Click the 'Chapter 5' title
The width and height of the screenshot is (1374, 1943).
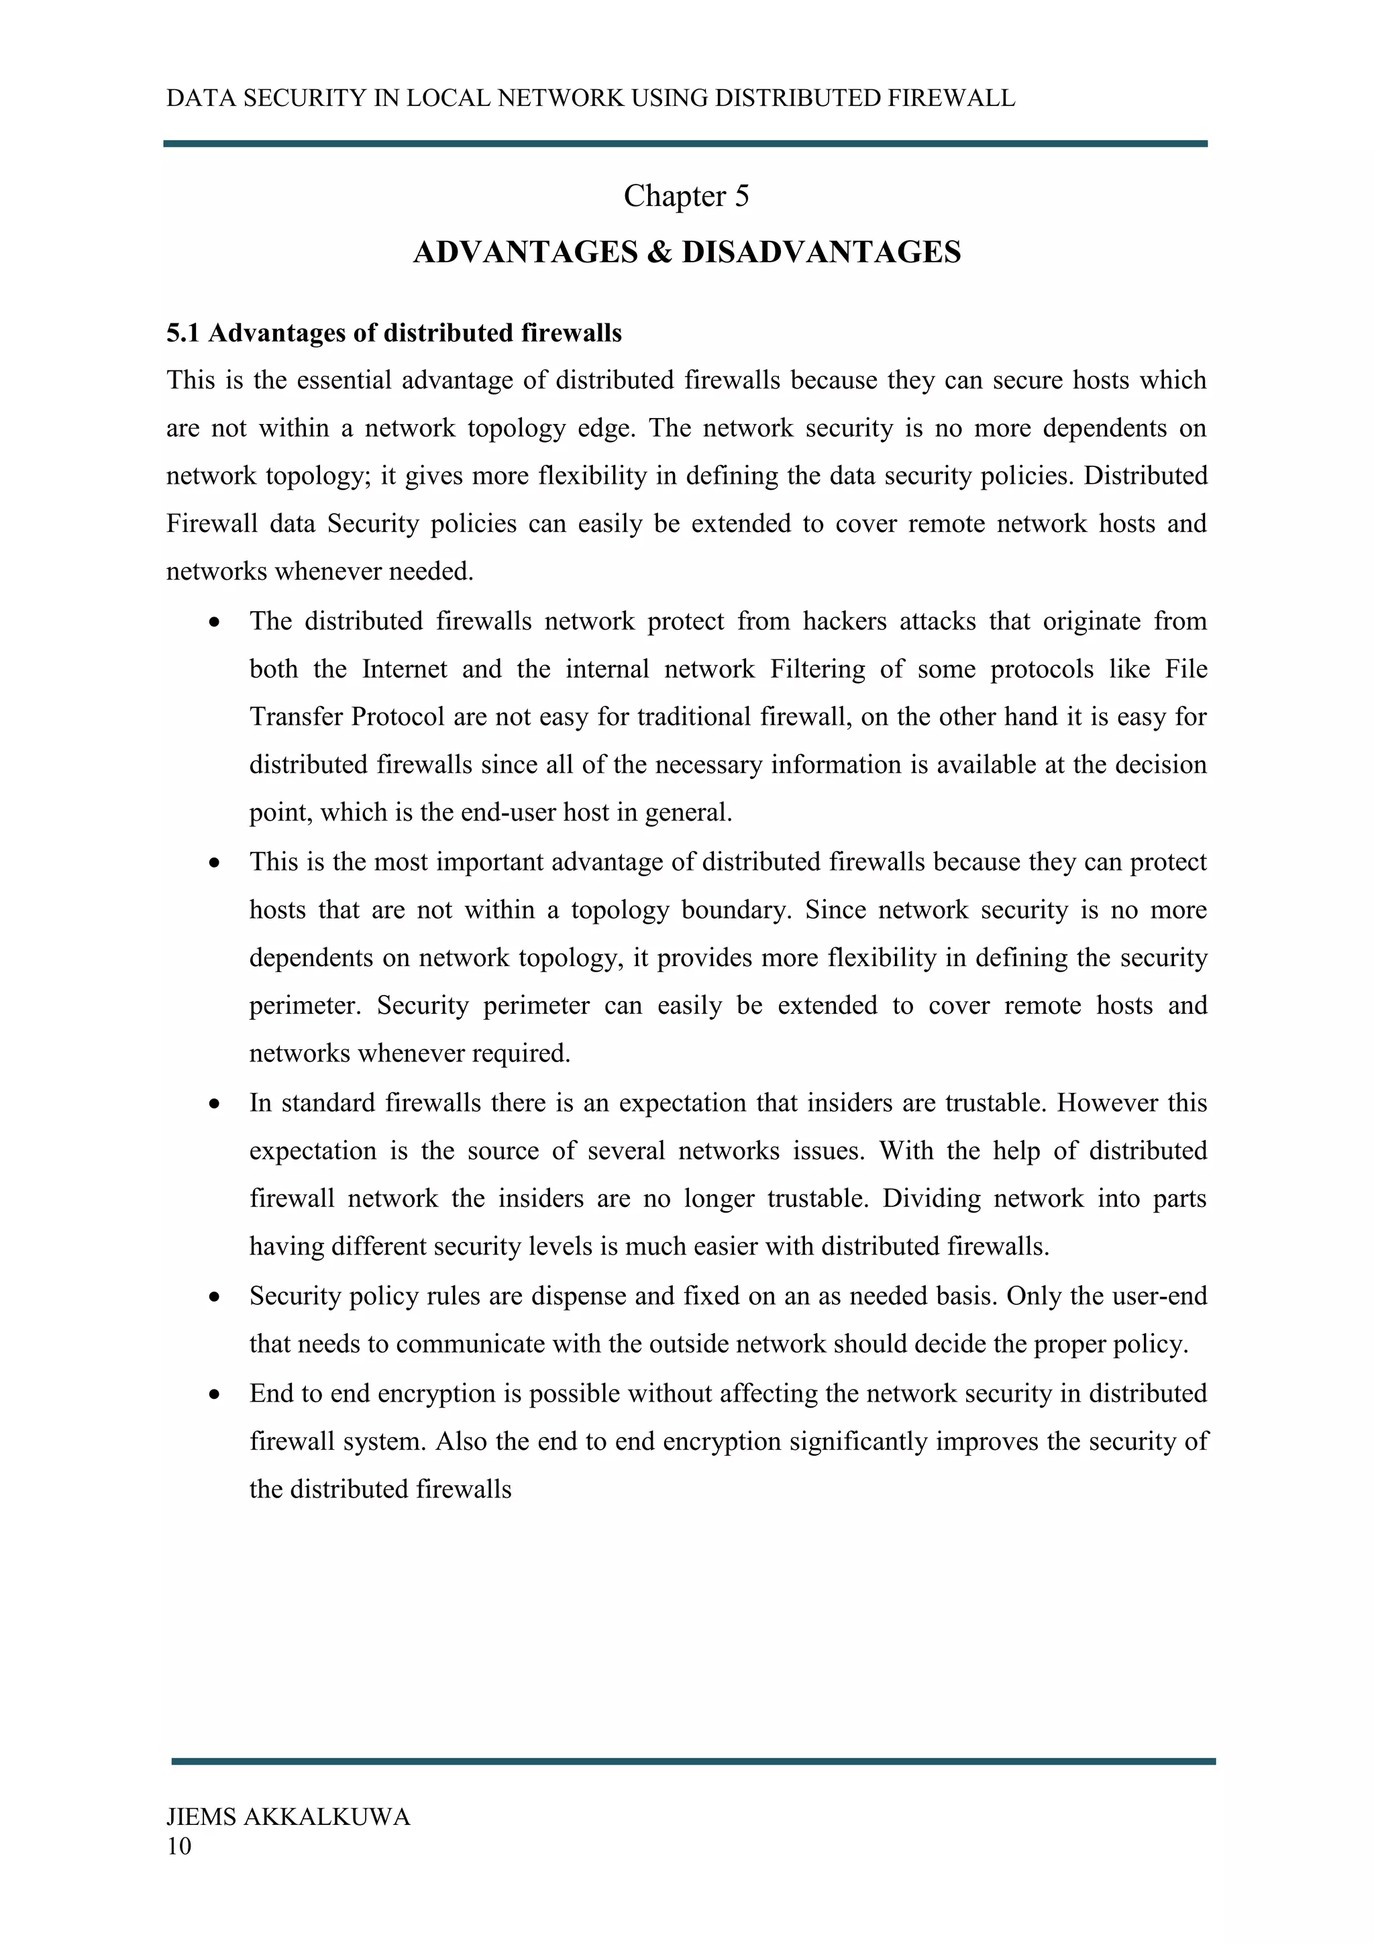tap(686, 197)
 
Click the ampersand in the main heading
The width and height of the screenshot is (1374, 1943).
tap(658, 252)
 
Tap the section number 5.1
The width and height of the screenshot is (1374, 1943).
tap(182, 333)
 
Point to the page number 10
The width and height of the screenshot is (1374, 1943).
tap(178, 1846)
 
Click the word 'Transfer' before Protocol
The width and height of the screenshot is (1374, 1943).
tap(296, 717)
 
